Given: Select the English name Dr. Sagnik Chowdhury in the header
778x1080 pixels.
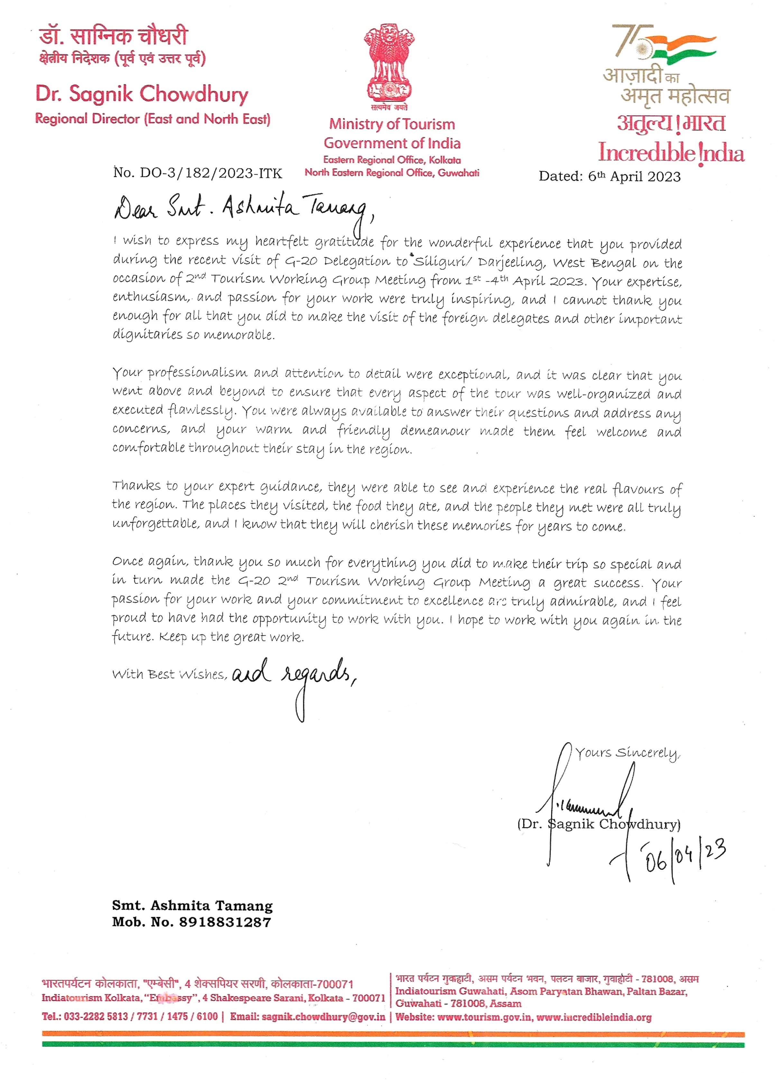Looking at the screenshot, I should click(142, 94).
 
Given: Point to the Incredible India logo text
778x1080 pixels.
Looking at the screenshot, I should click(671, 153).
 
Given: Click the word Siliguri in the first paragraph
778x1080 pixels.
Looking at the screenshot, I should click(432, 262).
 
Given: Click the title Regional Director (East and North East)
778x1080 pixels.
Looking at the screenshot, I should click(153, 119).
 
